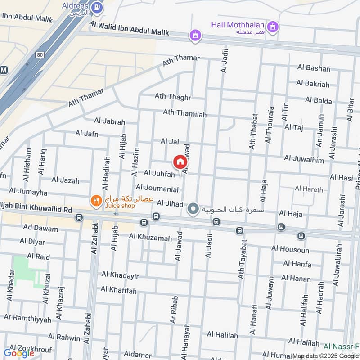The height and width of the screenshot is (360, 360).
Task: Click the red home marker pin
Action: [x=180, y=162]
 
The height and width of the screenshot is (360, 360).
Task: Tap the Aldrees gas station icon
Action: [x=96, y=7]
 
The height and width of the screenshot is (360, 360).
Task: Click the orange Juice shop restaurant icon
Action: [x=95, y=201]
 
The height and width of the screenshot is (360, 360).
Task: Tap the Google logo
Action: [x=19, y=353]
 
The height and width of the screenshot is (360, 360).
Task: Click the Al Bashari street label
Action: [x=314, y=68]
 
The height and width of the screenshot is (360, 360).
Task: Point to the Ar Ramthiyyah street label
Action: [x=25, y=317]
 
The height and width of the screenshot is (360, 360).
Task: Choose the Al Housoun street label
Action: [x=290, y=248]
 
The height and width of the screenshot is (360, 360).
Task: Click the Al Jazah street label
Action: [x=65, y=180]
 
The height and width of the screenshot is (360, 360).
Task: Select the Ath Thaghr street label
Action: [x=173, y=97]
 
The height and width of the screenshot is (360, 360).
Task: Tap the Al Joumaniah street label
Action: [x=158, y=187]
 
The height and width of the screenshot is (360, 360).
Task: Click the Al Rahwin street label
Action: [x=64, y=337]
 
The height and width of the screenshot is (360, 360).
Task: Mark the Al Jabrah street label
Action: [x=109, y=121]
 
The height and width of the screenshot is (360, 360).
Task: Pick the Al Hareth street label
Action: [x=309, y=189]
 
